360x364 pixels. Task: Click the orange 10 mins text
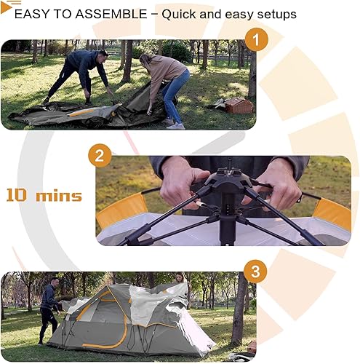(44, 195)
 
